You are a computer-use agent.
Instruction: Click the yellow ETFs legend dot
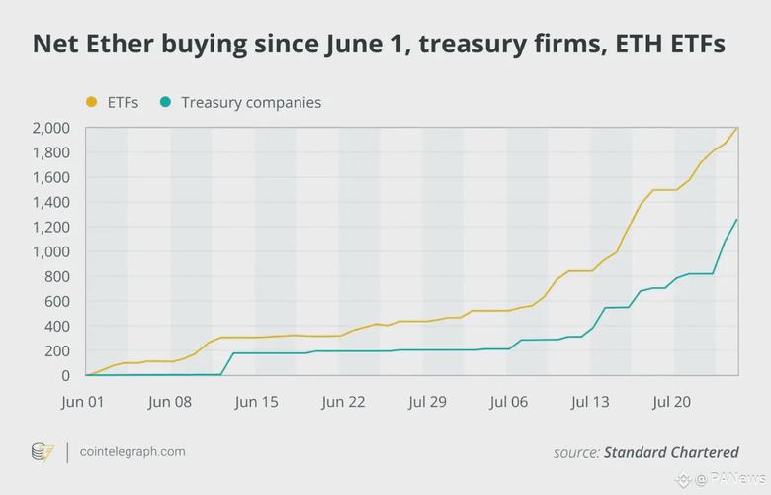[x=92, y=102]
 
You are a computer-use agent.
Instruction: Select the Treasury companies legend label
[x=250, y=102]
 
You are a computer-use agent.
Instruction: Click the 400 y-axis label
[x=56, y=326]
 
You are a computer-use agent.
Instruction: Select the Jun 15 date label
[x=256, y=402]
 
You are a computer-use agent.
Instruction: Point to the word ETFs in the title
[x=691, y=45]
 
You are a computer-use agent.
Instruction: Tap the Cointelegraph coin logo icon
[x=42, y=452]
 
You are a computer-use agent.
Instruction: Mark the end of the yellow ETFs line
[x=737, y=128]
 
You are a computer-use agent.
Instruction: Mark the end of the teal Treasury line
[x=737, y=220]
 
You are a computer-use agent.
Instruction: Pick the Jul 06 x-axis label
[x=510, y=402]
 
